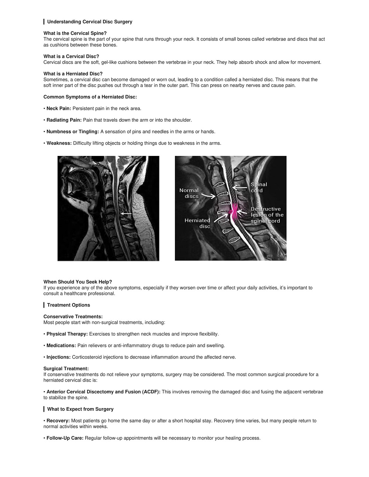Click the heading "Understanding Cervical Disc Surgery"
pos(89,22)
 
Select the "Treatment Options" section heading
pos(68,305)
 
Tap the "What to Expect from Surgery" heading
pos(80,409)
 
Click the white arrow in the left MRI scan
pos(126,213)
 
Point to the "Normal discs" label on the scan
pos(189,193)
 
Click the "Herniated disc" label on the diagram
pos(198,223)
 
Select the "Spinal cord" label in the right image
pos(259,187)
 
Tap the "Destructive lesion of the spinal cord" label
pos(267,215)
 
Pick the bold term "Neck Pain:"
pos(59,108)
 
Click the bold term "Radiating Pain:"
pos(64,120)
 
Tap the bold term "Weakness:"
pos(59,143)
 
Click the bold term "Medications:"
pos(61,345)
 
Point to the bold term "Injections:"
pos(58,357)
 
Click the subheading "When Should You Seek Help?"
pos(77,282)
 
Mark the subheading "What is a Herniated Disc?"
pos(73,74)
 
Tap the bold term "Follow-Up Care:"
pos(65,438)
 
